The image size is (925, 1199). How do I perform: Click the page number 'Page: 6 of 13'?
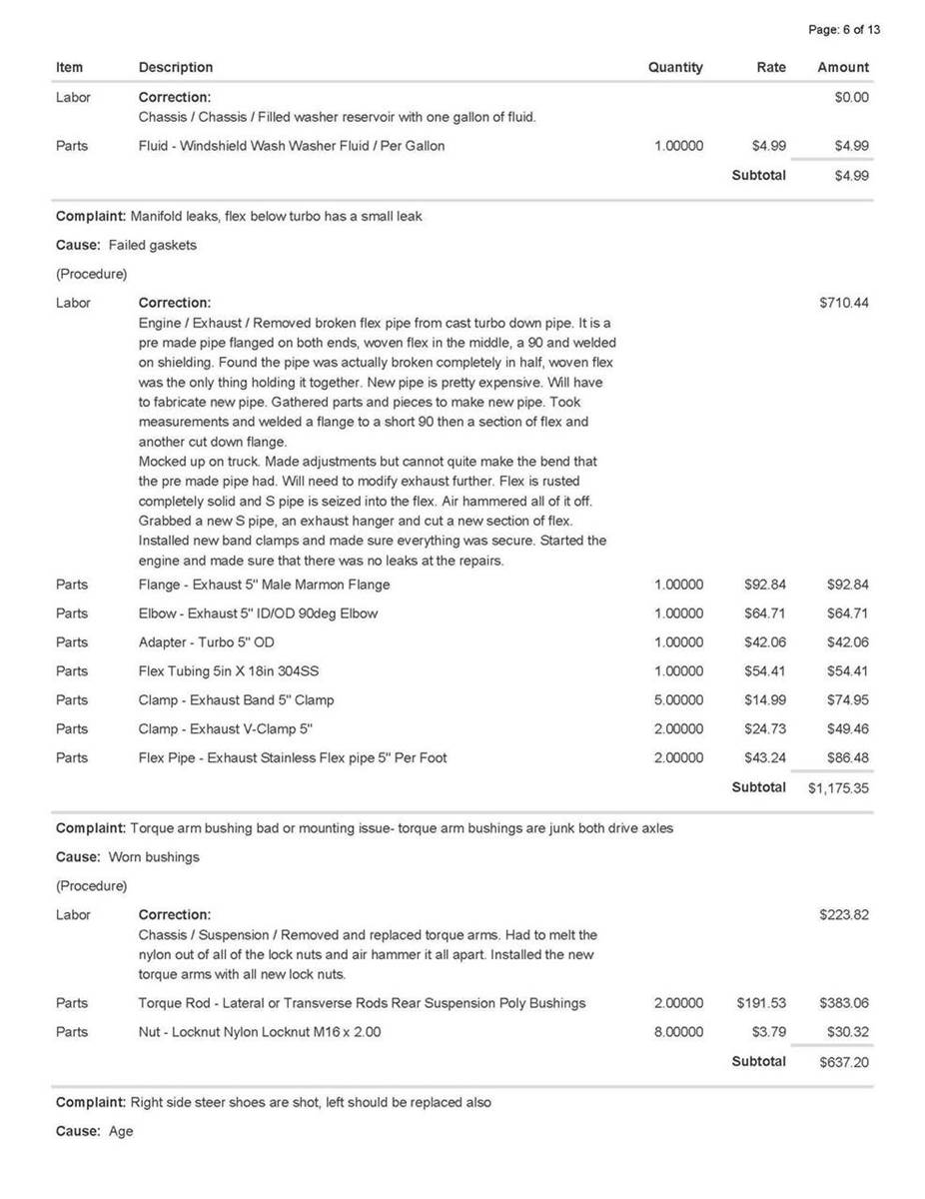coord(843,30)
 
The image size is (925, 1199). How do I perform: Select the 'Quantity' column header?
coord(675,68)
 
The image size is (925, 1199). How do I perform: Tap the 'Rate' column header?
coord(770,68)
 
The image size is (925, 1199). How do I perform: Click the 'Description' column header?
coord(176,68)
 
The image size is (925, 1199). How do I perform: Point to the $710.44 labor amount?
coord(843,303)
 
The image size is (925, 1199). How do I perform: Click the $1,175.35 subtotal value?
coord(838,788)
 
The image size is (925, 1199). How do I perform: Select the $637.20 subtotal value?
coord(843,1062)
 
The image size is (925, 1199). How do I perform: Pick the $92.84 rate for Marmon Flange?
coord(765,585)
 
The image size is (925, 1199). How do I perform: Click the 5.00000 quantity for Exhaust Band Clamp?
coord(678,699)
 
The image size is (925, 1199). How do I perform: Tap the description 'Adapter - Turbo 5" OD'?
coord(206,642)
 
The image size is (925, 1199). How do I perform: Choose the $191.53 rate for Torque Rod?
coord(761,1003)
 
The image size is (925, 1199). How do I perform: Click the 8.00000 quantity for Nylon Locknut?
coord(678,1032)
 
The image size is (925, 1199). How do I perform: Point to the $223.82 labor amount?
coord(843,915)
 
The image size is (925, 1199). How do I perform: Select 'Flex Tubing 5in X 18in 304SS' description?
coord(229,671)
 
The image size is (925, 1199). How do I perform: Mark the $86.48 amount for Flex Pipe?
coord(847,757)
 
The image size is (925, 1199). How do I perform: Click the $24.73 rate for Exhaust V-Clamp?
coord(765,728)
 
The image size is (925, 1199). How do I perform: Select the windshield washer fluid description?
coord(292,146)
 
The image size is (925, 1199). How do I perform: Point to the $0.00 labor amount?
coord(851,98)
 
